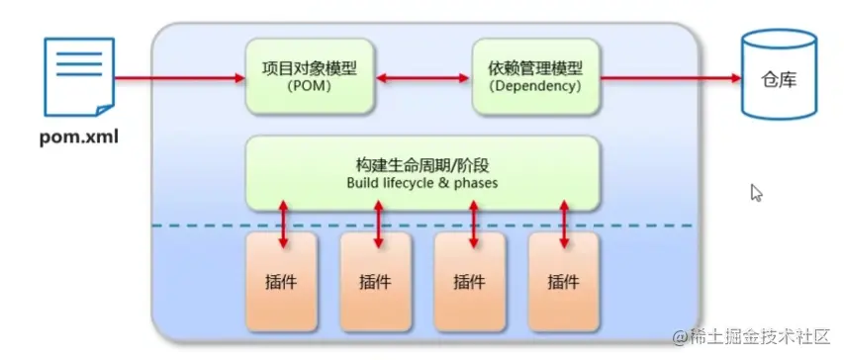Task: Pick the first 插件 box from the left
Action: [283, 281]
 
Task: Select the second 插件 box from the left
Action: [376, 281]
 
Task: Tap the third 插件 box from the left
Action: [469, 281]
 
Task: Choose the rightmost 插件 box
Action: [563, 281]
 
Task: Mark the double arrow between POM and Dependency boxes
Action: [422, 77]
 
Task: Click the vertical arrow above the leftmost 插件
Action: [284, 224]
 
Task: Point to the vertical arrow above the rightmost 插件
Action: [564, 224]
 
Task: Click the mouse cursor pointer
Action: [756, 193]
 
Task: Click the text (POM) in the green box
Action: [311, 87]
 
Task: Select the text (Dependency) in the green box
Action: [535, 87]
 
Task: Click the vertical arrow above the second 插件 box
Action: [378, 224]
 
